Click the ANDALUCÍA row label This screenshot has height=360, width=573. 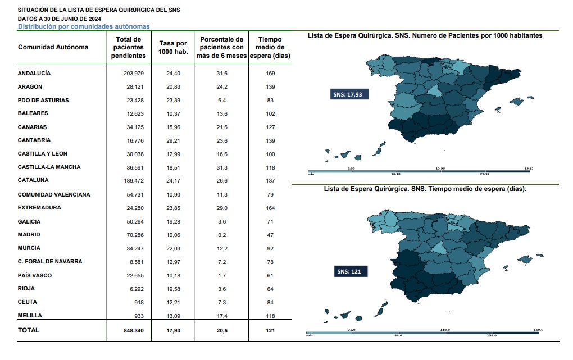34,74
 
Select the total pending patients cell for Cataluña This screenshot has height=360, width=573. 134,180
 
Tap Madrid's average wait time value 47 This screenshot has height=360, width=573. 270,235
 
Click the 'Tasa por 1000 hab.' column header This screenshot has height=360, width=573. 173,47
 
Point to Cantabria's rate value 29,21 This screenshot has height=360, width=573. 173,140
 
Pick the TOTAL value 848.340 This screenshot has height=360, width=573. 134,331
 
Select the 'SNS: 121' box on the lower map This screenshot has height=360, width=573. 349,272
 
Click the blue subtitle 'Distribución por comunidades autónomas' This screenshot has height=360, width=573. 84,26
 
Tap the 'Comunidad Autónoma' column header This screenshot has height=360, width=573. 53,47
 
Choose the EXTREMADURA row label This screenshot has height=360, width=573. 39,208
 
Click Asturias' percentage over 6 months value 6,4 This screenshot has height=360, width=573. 222,101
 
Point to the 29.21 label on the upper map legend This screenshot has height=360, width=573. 528,168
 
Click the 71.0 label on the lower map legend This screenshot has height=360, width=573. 352,330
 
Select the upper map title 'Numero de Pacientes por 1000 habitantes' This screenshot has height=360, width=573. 425,35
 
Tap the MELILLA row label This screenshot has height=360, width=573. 30,316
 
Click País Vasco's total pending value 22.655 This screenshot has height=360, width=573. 134,275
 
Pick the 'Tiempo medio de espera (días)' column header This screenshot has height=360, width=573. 270,47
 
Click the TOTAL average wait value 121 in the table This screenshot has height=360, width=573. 270,331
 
